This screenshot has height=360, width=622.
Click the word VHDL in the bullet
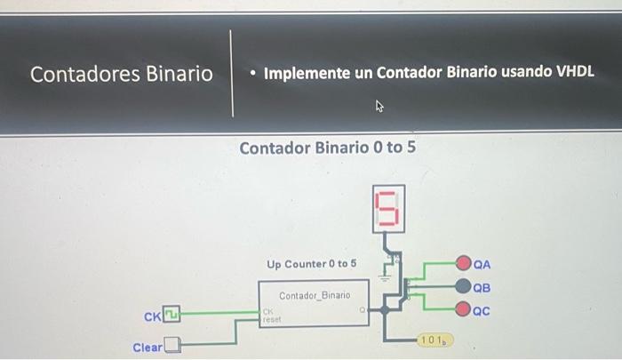click(x=574, y=71)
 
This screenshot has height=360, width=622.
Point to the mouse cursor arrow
click(x=379, y=108)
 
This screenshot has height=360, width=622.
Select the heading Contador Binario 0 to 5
click(x=327, y=147)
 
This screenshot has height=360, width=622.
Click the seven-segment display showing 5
click(x=388, y=210)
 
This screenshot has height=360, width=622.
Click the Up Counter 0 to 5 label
click(x=311, y=264)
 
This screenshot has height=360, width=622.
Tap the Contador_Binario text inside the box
click(x=315, y=295)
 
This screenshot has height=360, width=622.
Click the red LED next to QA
click(x=464, y=264)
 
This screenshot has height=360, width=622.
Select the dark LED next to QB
click(x=464, y=287)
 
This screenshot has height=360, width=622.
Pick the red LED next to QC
click(x=464, y=310)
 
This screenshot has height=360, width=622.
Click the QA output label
click(x=482, y=264)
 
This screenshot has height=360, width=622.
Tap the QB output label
click(x=482, y=287)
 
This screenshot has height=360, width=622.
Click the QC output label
click(x=482, y=310)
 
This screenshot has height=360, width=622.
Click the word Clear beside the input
click(x=147, y=347)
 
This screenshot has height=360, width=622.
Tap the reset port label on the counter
click(x=271, y=318)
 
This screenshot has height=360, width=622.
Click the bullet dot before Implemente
click(x=253, y=73)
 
